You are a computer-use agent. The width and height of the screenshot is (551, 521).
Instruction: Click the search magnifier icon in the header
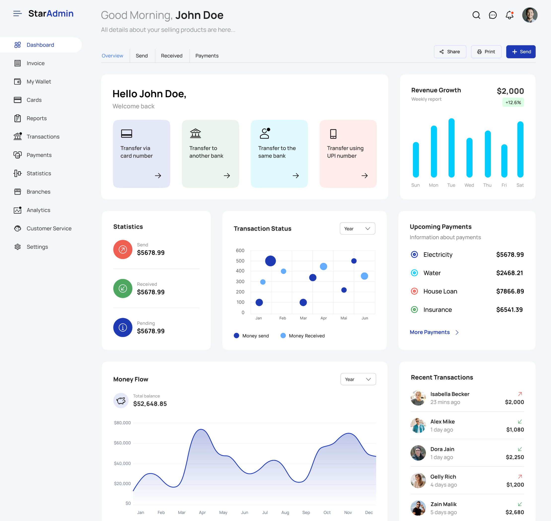click(x=476, y=15)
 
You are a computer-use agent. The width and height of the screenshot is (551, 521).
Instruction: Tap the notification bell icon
click(x=509, y=15)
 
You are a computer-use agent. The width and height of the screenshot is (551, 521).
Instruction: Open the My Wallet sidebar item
click(x=39, y=82)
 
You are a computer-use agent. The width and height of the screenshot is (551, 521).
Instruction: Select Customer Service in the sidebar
click(x=49, y=228)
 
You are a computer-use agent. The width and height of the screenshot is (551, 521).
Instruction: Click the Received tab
click(x=172, y=56)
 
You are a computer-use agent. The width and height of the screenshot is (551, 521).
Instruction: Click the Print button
click(x=486, y=52)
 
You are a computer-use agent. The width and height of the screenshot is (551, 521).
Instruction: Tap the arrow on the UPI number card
click(x=365, y=175)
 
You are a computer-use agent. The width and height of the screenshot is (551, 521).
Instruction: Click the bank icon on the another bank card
click(x=195, y=133)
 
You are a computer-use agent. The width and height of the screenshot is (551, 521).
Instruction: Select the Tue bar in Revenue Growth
click(x=451, y=148)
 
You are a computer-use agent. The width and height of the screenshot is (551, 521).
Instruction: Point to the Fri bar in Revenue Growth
click(x=504, y=161)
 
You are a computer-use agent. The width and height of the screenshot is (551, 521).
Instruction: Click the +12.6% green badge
click(x=513, y=102)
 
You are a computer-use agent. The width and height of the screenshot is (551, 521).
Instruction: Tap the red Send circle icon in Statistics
click(x=123, y=249)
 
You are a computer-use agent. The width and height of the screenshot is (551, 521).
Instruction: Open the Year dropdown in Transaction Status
click(x=357, y=228)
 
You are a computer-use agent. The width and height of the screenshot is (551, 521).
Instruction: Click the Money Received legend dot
click(x=283, y=335)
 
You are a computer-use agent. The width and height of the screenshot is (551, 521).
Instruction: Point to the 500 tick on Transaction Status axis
click(x=240, y=261)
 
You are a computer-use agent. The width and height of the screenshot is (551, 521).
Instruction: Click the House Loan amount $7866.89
click(x=510, y=291)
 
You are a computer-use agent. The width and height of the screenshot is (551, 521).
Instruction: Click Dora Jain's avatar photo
click(x=418, y=453)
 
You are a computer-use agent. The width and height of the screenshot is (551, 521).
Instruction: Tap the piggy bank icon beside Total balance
click(x=121, y=400)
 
